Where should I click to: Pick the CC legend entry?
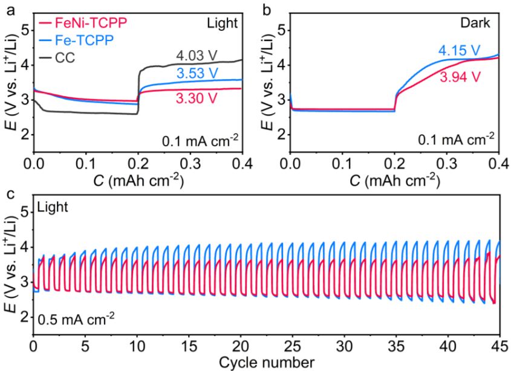coord(70,59)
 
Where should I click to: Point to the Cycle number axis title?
coord(267,363)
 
